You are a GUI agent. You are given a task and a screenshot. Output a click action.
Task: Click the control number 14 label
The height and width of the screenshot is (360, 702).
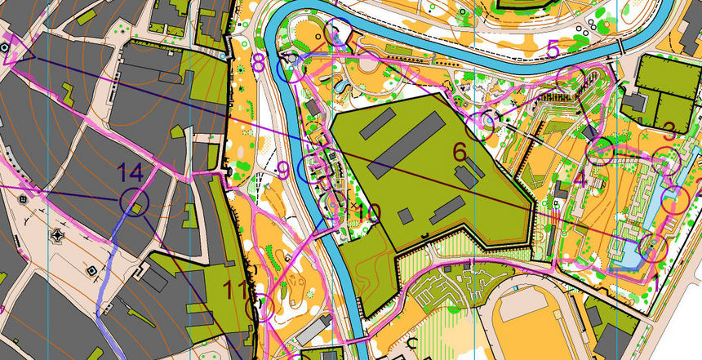coord(130,173)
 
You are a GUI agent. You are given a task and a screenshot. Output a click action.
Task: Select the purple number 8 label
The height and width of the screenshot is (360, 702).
coord(259,62)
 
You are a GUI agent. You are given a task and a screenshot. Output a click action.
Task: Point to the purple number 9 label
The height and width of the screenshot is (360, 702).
coord(283,170)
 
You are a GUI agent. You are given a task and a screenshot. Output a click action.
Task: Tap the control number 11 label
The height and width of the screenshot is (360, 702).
coord(238,290)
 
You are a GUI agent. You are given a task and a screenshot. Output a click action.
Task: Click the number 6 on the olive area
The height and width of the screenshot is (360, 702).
coord(460,152)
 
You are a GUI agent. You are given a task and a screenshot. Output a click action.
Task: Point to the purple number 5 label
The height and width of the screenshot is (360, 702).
coord(553,51)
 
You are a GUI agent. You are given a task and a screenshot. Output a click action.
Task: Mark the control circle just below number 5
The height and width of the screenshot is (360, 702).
coord(568,79)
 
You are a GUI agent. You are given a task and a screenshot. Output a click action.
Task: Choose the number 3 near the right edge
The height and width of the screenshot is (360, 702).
coord(669,130)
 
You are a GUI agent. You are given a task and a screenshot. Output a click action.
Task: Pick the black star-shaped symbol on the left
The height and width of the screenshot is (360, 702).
coord(57,237)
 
